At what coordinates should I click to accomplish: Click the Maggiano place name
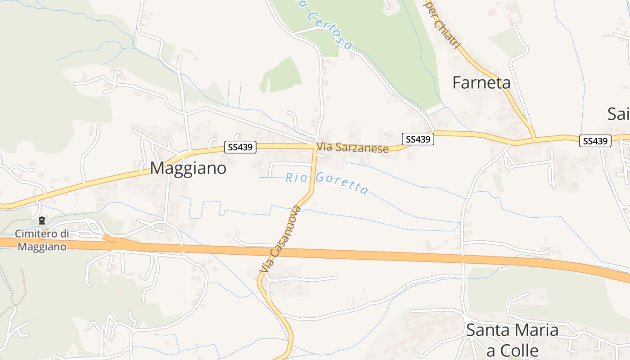click(x=188, y=168)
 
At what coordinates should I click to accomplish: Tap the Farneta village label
click(x=481, y=83)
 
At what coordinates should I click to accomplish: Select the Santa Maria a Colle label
click(x=512, y=340)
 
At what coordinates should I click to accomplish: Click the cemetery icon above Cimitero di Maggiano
click(x=42, y=220)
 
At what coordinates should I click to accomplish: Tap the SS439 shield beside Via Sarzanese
click(x=418, y=139)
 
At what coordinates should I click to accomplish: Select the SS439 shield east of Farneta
click(x=595, y=141)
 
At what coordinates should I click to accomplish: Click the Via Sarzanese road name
click(x=352, y=148)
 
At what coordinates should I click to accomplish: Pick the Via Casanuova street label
click(x=280, y=238)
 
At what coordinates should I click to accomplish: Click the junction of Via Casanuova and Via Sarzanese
click(x=314, y=146)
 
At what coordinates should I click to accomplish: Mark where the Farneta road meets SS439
click(x=534, y=137)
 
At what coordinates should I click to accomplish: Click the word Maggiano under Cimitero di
click(x=42, y=247)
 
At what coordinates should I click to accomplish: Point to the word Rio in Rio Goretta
click(x=295, y=177)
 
